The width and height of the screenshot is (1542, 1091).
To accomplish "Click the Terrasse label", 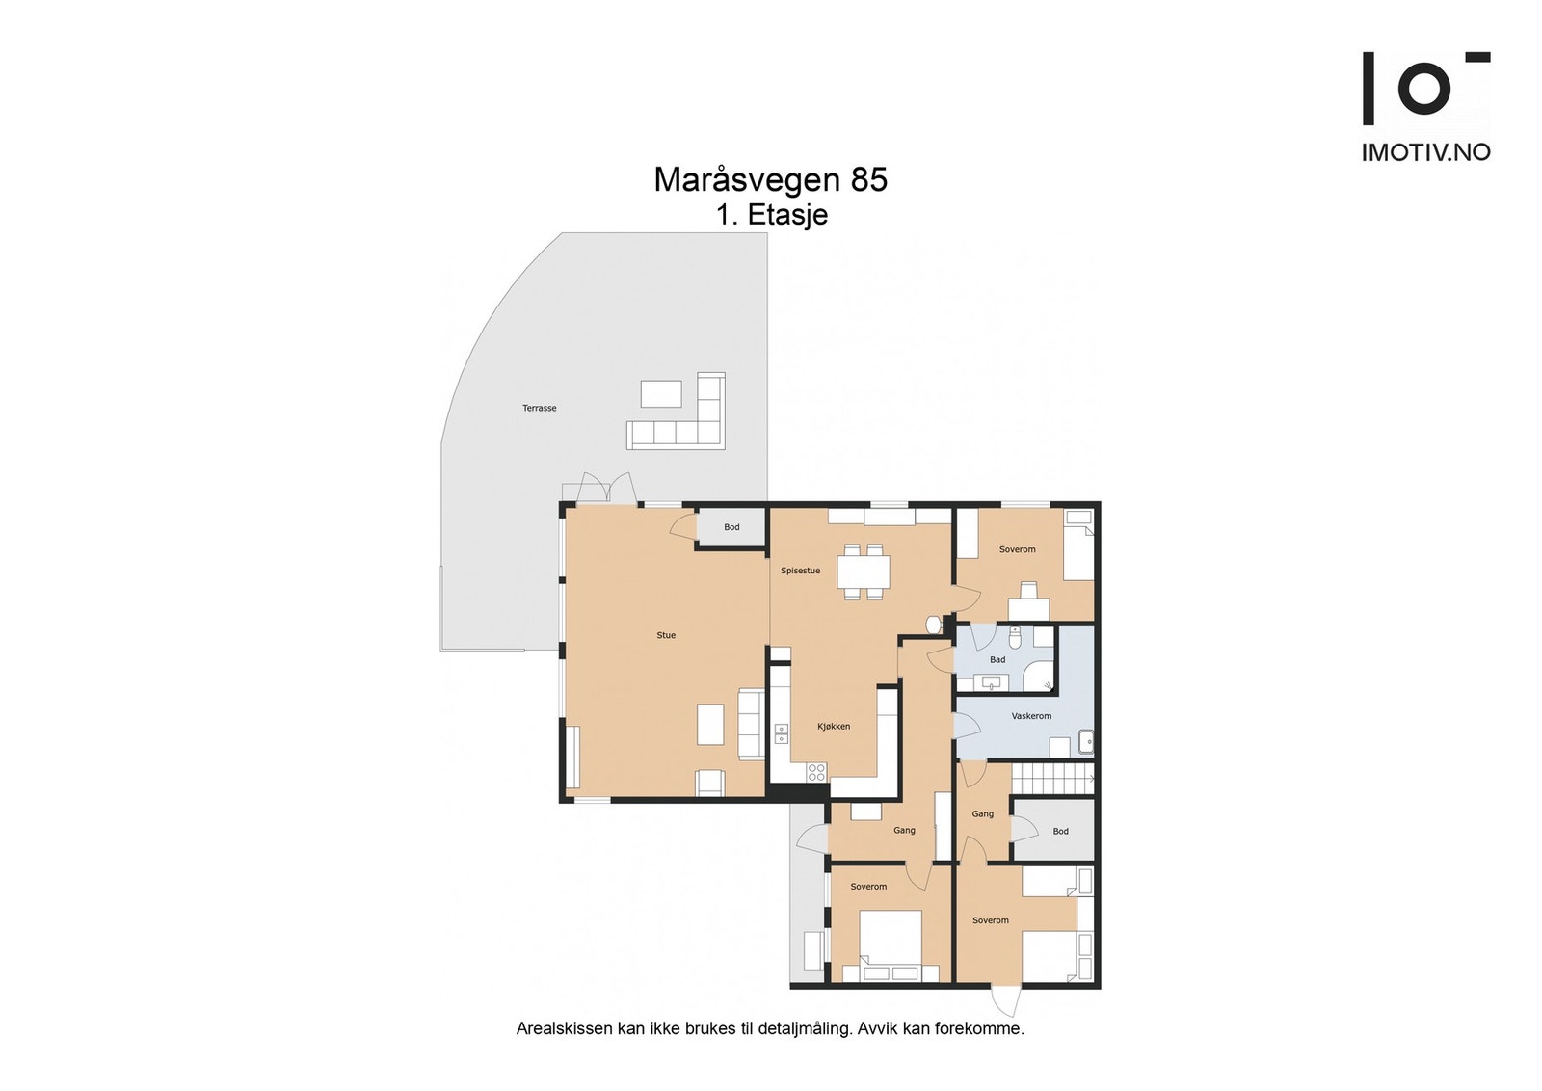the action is pos(539,409).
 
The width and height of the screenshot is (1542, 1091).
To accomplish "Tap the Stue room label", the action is pos(666,635).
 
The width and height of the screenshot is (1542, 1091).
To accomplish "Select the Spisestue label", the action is pos(800,571).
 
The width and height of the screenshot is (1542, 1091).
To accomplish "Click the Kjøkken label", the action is pos(834,726).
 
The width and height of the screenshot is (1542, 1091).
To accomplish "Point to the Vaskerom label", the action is pos(1031,716).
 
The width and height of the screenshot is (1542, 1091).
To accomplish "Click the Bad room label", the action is pos(997,659).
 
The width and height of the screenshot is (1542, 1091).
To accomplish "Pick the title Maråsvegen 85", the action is pos(770,180).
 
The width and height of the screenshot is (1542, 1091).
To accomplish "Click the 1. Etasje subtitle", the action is pos(772,215).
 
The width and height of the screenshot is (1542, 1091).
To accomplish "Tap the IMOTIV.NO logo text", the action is pos(1425,152).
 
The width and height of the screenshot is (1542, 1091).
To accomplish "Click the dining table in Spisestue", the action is pos(864,572).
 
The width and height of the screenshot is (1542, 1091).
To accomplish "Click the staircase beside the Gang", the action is pos(1052,779).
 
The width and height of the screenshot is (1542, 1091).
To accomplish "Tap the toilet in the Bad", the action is pos(1016,637).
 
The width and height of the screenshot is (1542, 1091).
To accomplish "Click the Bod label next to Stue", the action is pos(731,527).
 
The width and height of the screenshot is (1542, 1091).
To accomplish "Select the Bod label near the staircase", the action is pos(1060,832).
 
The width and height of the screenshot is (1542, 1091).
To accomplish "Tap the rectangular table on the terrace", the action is pos(661,394).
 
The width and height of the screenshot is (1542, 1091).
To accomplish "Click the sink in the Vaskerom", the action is pos(1085,742).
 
